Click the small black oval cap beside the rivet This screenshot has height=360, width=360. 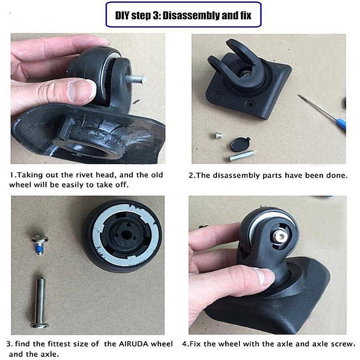[238, 144]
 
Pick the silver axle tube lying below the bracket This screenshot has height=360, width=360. [241, 156]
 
